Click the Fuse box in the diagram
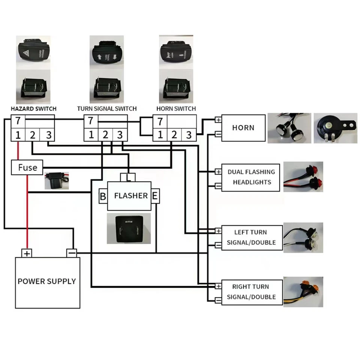click(27, 167)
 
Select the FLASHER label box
click(130, 196)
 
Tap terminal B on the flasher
click(103, 196)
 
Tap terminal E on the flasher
click(155, 196)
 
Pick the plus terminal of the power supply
click(27, 253)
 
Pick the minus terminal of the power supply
click(72, 253)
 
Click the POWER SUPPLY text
click(47, 281)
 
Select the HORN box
click(243, 128)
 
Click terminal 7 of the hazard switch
click(18, 121)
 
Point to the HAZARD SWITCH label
click(33, 109)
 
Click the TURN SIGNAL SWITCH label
click(107, 109)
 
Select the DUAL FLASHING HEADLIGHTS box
click(251, 177)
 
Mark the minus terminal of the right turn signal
click(218, 300)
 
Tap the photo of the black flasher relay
click(129, 229)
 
